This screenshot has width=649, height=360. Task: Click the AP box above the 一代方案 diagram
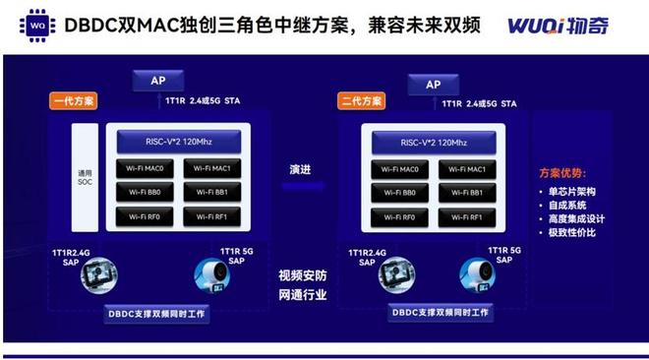158,83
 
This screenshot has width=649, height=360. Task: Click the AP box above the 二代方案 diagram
433,85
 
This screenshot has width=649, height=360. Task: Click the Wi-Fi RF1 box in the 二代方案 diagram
468,216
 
